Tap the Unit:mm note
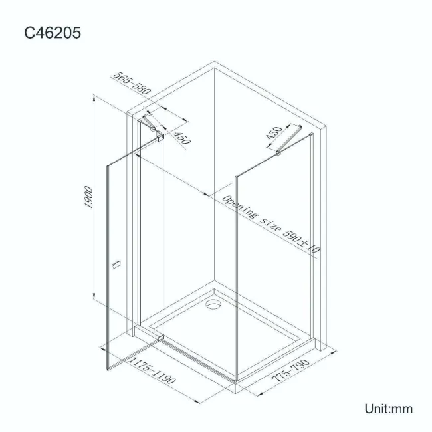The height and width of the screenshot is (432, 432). coord(388,408)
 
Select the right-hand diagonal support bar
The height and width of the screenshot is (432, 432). coord(290,141)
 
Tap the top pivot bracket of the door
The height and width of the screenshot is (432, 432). coord(159,137)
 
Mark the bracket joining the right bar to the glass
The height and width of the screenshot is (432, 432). coord(280,155)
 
